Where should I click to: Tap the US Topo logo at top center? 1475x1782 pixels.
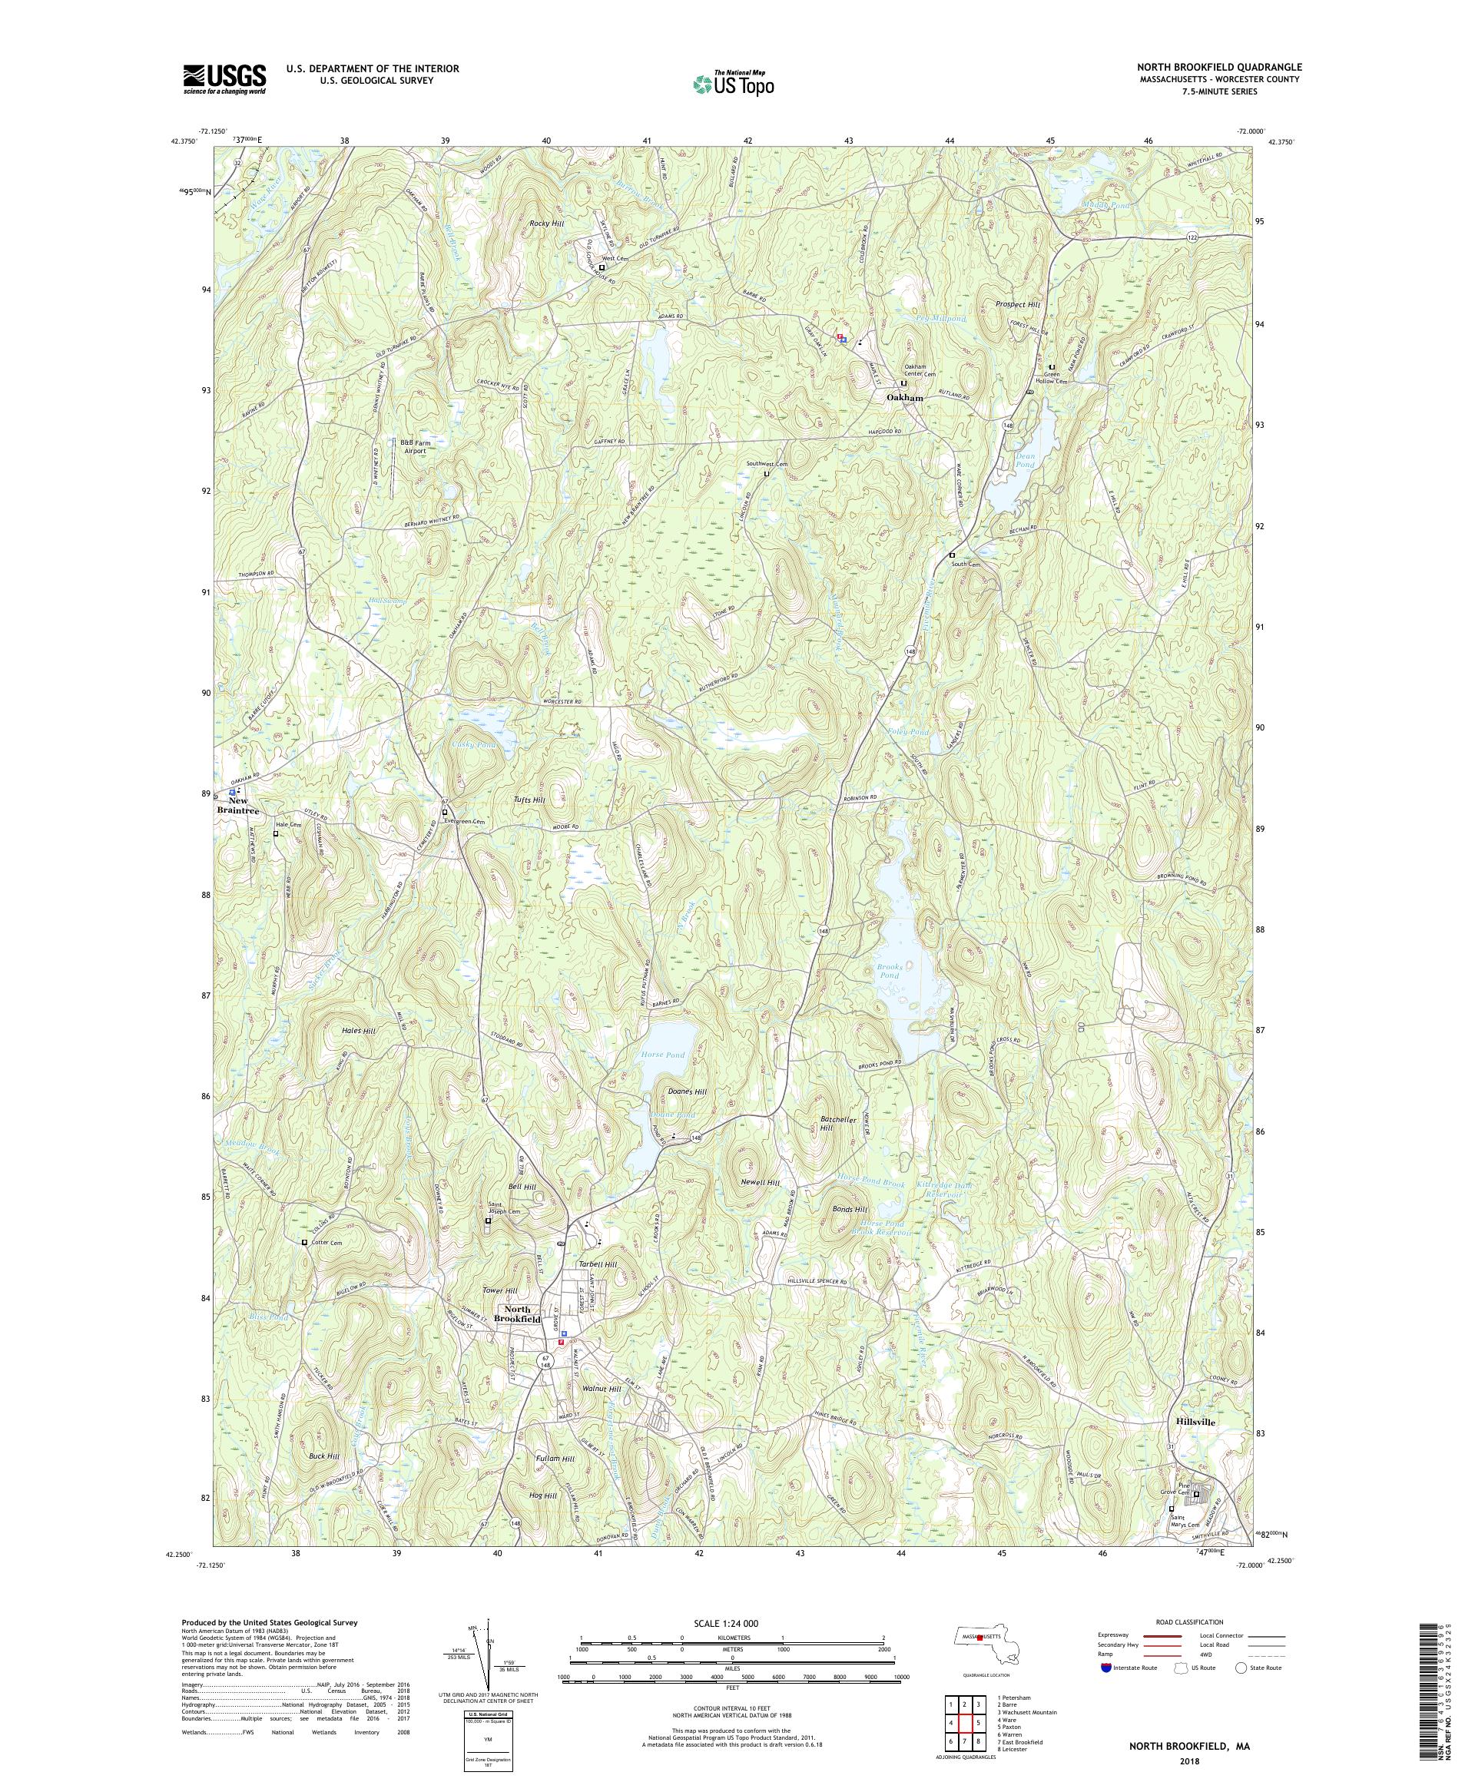click(734, 82)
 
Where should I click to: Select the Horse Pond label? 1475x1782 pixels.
click(664, 1055)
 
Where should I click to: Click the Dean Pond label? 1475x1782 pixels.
click(1025, 461)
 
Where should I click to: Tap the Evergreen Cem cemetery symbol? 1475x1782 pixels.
click(445, 812)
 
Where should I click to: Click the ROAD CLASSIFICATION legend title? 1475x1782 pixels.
click(1188, 1621)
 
